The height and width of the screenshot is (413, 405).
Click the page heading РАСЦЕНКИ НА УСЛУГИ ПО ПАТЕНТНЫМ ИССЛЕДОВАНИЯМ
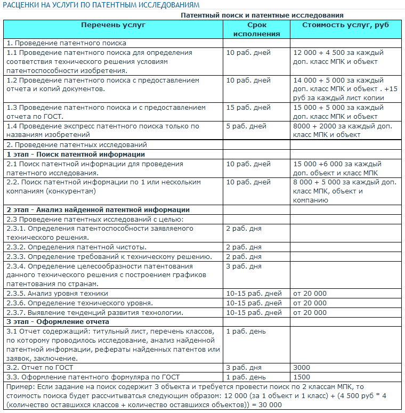[x=101, y=5]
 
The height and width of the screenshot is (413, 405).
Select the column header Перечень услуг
[x=113, y=25]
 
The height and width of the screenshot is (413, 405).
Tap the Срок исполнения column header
[x=256, y=29]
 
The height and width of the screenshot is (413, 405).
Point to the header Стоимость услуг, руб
[x=345, y=25]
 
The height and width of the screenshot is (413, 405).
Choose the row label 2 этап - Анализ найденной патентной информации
[x=98, y=210]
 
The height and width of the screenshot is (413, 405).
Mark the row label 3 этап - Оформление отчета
[x=58, y=322]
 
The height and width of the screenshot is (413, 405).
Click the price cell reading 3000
[x=302, y=368]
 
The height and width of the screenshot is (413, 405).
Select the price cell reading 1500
[x=302, y=377]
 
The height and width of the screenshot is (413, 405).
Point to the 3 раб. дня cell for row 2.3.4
[x=244, y=266]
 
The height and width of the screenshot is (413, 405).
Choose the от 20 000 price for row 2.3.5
[x=310, y=294]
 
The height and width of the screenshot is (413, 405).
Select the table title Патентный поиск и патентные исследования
[x=262, y=15]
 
